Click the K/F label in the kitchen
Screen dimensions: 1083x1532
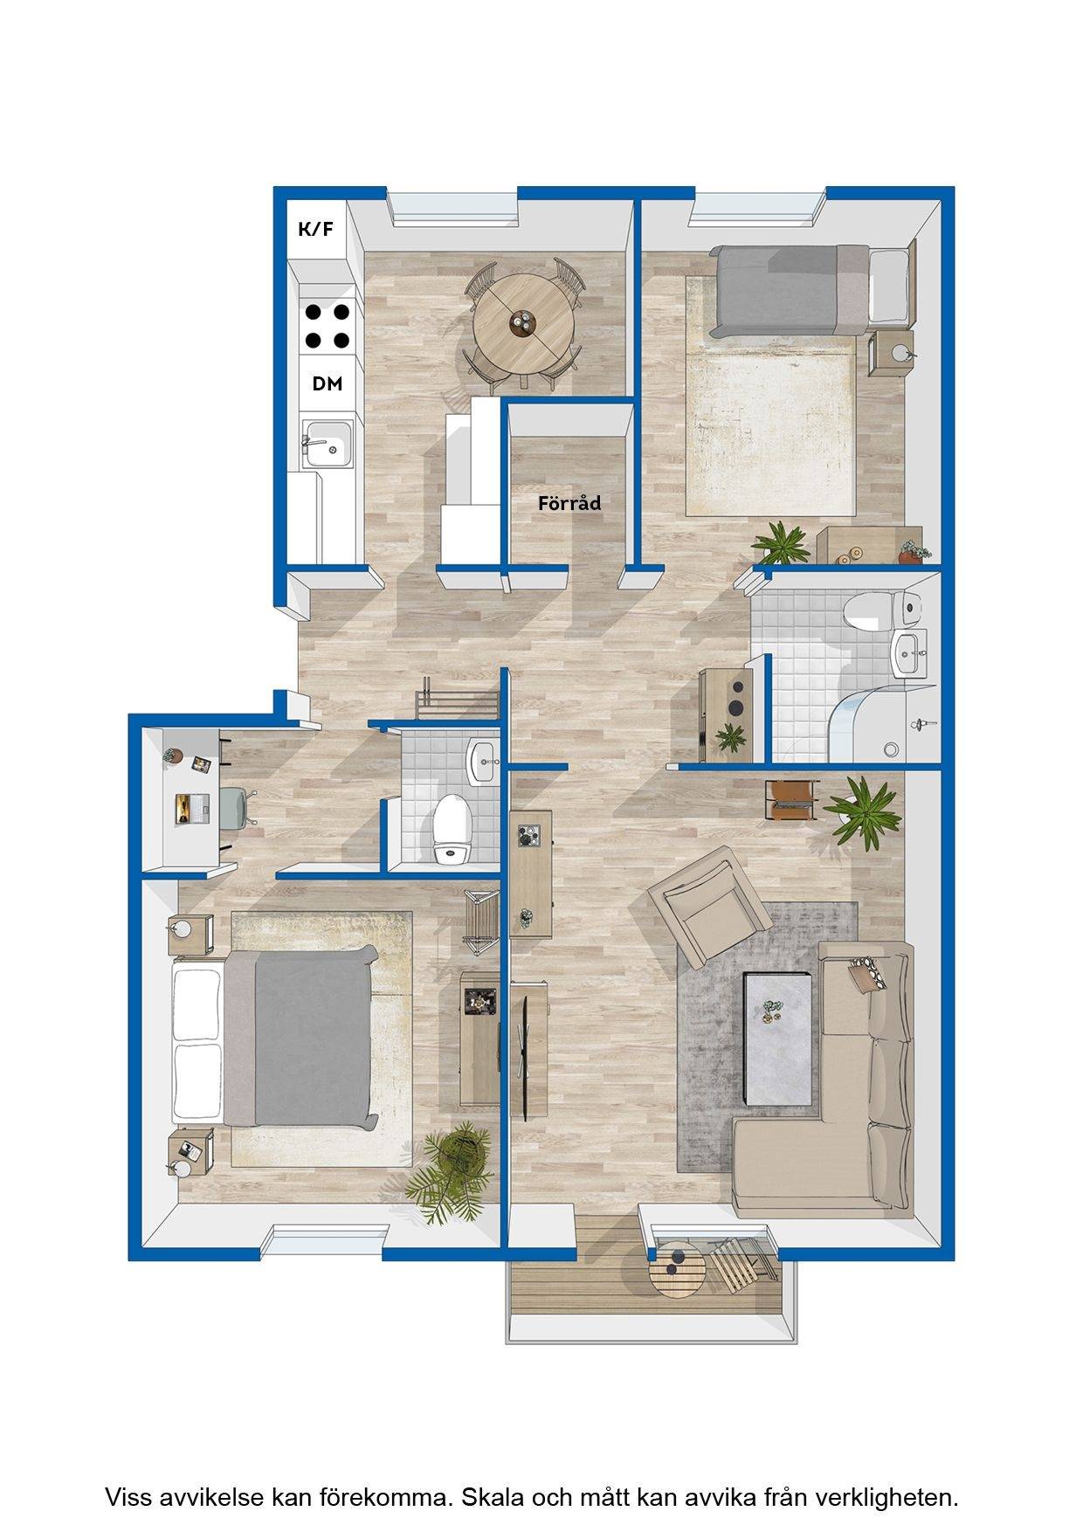coord(315,230)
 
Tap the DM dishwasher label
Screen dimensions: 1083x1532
coord(328,383)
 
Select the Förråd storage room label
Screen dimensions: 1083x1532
coord(569,503)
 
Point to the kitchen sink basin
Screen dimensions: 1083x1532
coord(328,444)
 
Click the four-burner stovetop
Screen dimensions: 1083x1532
coord(328,325)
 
